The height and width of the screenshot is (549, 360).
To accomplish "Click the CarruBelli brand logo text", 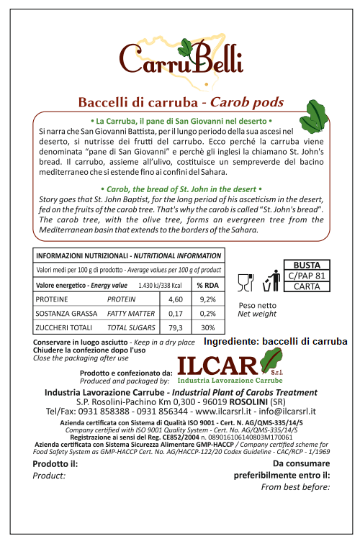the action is pyautogui.click(x=181, y=59).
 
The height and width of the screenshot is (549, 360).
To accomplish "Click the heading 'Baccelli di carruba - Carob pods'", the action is pyautogui.click(x=180, y=101).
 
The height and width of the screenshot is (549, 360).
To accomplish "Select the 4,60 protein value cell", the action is pyautogui.click(x=176, y=299).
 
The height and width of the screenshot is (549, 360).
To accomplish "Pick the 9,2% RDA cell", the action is pyautogui.click(x=207, y=299).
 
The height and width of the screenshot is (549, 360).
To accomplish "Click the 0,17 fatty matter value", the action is pyautogui.click(x=176, y=313).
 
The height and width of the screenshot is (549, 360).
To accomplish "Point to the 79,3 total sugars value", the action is pyautogui.click(x=176, y=327).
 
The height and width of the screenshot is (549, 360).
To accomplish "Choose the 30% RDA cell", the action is pyautogui.click(x=207, y=327).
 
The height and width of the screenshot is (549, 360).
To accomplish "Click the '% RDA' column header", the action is pyautogui.click(x=207, y=285).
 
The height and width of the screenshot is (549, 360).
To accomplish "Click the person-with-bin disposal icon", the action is pyautogui.click(x=271, y=281).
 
